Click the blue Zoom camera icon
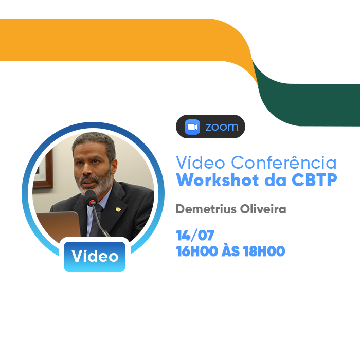point(192,127)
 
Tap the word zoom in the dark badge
point(222,127)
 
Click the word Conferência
point(284,163)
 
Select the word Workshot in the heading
point(218,180)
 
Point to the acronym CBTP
point(314,180)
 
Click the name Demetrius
point(206,209)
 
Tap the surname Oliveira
point(263,209)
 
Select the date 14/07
point(195,236)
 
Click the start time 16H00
point(197,251)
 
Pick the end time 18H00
point(264,251)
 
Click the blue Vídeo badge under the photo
point(95,257)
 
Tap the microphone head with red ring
point(92,198)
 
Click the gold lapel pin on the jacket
point(118,209)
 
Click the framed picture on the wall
point(44,169)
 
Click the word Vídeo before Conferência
point(201,163)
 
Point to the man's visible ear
point(114,165)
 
